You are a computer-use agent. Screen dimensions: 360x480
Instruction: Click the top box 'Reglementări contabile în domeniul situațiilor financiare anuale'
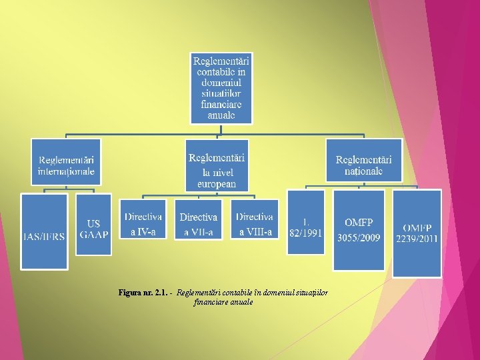(221, 87)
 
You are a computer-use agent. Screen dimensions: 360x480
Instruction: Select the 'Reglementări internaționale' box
(66, 162)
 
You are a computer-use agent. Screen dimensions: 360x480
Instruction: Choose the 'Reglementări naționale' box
(363, 160)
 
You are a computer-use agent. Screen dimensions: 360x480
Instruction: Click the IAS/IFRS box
(44, 231)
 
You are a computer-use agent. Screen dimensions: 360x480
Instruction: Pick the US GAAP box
(93, 224)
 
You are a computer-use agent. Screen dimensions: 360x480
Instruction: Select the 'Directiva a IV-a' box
(143, 219)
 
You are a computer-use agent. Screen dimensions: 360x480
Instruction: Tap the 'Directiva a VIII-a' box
(255, 219)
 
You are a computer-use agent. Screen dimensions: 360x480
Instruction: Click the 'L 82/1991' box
(305, 222)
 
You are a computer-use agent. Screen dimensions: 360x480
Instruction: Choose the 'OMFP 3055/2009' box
(359, 230)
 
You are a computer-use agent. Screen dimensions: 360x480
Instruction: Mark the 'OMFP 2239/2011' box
(417, 233)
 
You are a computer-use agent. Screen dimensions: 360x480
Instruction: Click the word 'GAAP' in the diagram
(94, 234)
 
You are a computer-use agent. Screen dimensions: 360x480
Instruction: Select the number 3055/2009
(359, 238)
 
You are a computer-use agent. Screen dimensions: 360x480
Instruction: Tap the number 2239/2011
(417, 239)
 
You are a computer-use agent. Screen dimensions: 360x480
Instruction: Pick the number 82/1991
(305, 232)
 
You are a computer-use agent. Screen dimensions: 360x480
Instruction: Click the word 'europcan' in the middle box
(217, 184)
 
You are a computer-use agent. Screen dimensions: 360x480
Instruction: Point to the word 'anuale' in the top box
(221, 115)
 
